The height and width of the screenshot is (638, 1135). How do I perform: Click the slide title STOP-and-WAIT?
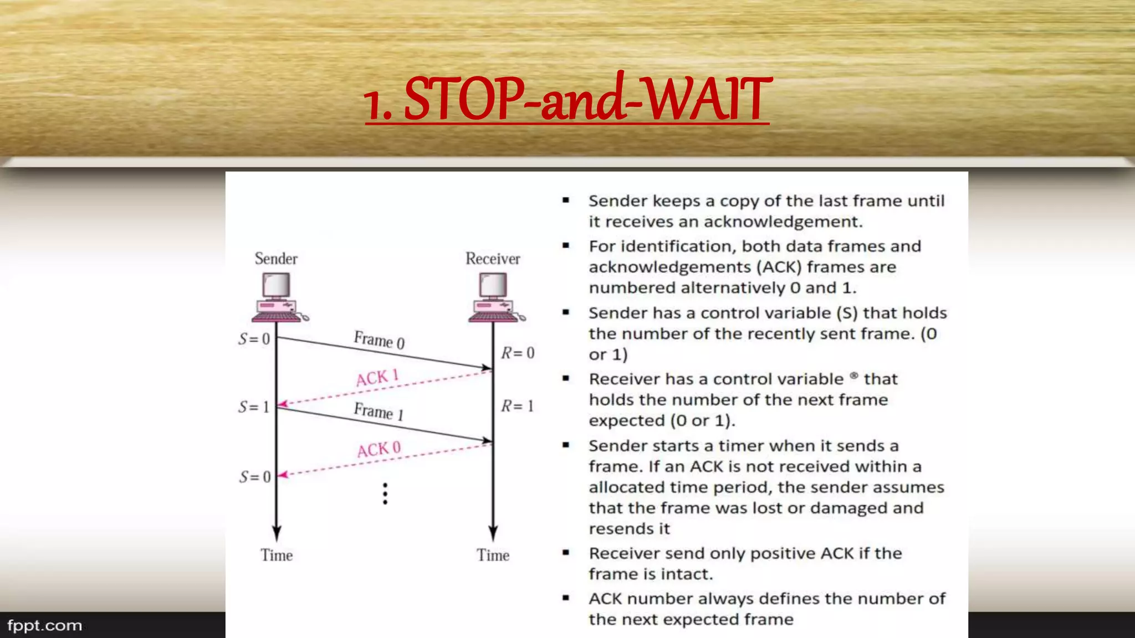click(x=567, y=99)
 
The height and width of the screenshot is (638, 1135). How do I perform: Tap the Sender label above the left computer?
click(x=276, y=259)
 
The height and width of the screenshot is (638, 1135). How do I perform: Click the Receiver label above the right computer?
click(x=493, y=259)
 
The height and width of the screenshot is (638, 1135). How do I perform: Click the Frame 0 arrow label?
click(x=379, y=339)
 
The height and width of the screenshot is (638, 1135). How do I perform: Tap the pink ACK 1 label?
click(x=377, y=377)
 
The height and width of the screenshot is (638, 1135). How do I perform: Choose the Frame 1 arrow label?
click(x=379, y=411)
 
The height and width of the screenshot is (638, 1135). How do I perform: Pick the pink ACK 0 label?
click(x=379, y=449)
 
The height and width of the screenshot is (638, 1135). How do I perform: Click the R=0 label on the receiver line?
click(x=518, y=353)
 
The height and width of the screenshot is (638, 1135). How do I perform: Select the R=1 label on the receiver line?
click(x=517, y=406)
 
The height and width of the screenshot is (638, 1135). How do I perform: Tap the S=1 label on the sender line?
click(x=254, y=407)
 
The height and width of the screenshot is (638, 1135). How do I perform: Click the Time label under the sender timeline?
click(x=277, y=555)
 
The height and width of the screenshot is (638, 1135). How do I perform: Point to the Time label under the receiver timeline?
click(x=493, y=555)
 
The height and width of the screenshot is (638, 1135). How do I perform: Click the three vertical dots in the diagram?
click(x=385, y=493)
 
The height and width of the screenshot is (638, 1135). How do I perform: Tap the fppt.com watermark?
click(x=44, y=626)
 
